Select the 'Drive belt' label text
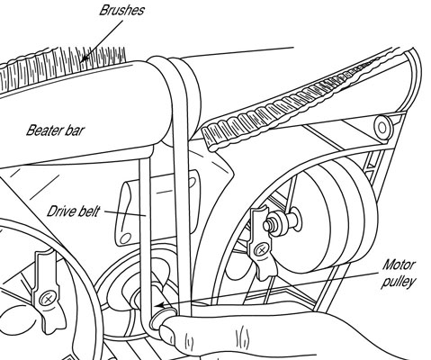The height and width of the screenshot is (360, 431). tap(75, 212)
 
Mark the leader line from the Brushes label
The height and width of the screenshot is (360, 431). tap(99, 40)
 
